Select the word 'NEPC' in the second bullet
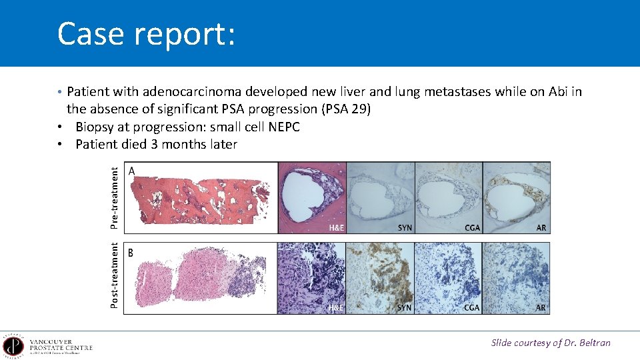pyautogui.click(x=283, y=127)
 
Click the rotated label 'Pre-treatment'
pyautogui.click(x=115, y=198)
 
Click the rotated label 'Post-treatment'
pyautogui.click(x=115, y=275)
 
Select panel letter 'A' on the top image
pyautogui.click(x=132, y=172)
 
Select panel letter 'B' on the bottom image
pyautogui.click(x=131, y=253)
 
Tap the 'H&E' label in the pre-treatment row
pyautogui.click(x=337, y=228)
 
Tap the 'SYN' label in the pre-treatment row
pyautogui.click(x=405, y=228)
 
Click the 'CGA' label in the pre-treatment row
pyautogui.click(x=472, y=228)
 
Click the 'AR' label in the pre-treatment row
pyautogui.click(x=541, y=228)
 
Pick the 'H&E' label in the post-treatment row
pyautogui.click(x=337, y=308)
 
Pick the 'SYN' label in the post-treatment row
pyautogui.click(x=405, y=308)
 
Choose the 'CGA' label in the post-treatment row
pyautogui.click(x=472, y=308)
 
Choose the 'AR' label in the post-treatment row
pyautogui.click(x=541, y=308)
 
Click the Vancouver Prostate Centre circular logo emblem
pyautogui.click(x=13, y=346)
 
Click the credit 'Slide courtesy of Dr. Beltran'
pyautogui.click(x=551, y=343)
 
